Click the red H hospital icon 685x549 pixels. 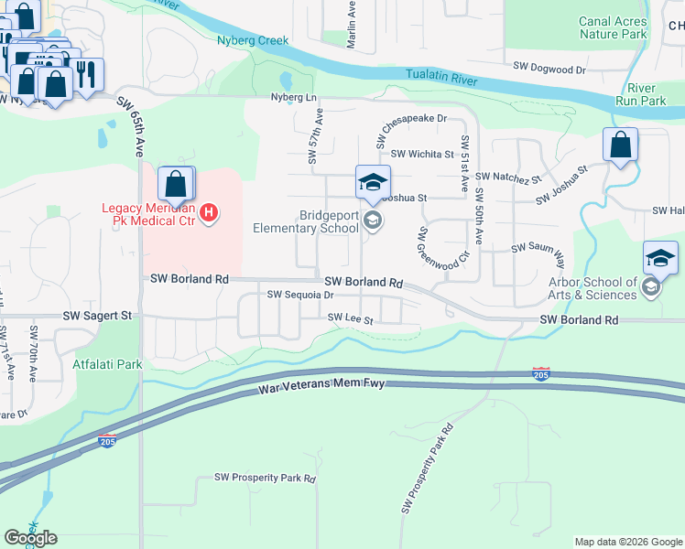(x=209, y=213)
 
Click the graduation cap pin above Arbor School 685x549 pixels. (x=660, y=258)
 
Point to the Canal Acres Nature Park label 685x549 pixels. (x=612, y=27)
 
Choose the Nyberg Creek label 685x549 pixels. (x=253, y=40)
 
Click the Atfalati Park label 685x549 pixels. (x=107, y=364)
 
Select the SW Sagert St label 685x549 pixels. (x=98, y=315)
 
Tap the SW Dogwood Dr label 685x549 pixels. (x=549, y=69)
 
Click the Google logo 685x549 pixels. (x=30, y=538)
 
